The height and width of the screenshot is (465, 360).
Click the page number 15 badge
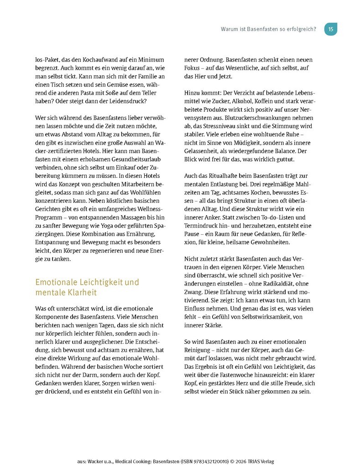pos(331,29)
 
